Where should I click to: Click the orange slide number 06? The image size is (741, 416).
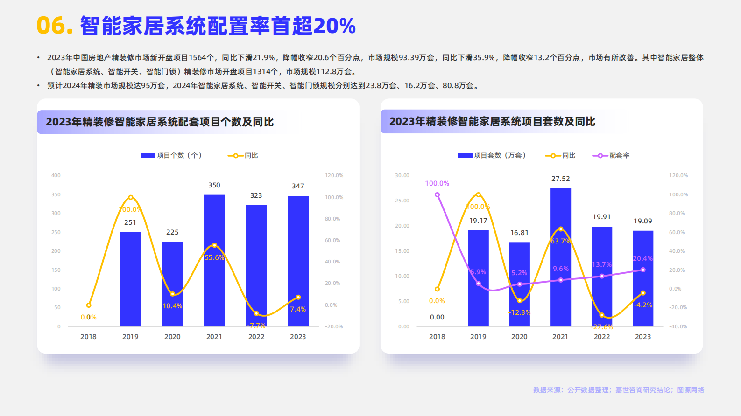[x=55, y=26]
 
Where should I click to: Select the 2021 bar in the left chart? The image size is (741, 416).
[x=214, y=261]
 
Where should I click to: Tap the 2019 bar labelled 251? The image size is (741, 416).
[x=130, y=280]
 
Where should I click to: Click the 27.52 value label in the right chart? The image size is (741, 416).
[x=560, y=179]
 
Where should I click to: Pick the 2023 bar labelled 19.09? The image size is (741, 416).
[x=643, y=280]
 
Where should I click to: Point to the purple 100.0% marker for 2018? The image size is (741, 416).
[x=437, y=195]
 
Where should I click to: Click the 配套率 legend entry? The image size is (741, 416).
[x=611, y=155]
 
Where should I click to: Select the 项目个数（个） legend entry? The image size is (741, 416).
[x=171, y=155]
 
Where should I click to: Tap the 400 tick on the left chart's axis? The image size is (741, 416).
[x=56, y=175]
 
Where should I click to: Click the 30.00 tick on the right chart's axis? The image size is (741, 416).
[x=402, y=175]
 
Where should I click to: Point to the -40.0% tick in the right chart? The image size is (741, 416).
[x=678, y=326]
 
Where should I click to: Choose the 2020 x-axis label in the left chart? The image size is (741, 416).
[x=172, y=337]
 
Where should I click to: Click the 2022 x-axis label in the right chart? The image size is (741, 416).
[x=601, y=337]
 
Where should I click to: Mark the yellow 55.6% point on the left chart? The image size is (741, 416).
[x=214, y=245]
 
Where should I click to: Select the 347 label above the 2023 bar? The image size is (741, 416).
[x=298, y=186]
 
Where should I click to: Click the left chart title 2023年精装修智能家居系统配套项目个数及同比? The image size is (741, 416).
[x=160, y=122]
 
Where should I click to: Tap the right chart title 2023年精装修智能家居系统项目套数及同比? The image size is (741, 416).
[x=492, y=122]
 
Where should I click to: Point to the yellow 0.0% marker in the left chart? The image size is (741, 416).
[x=89, y=305]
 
